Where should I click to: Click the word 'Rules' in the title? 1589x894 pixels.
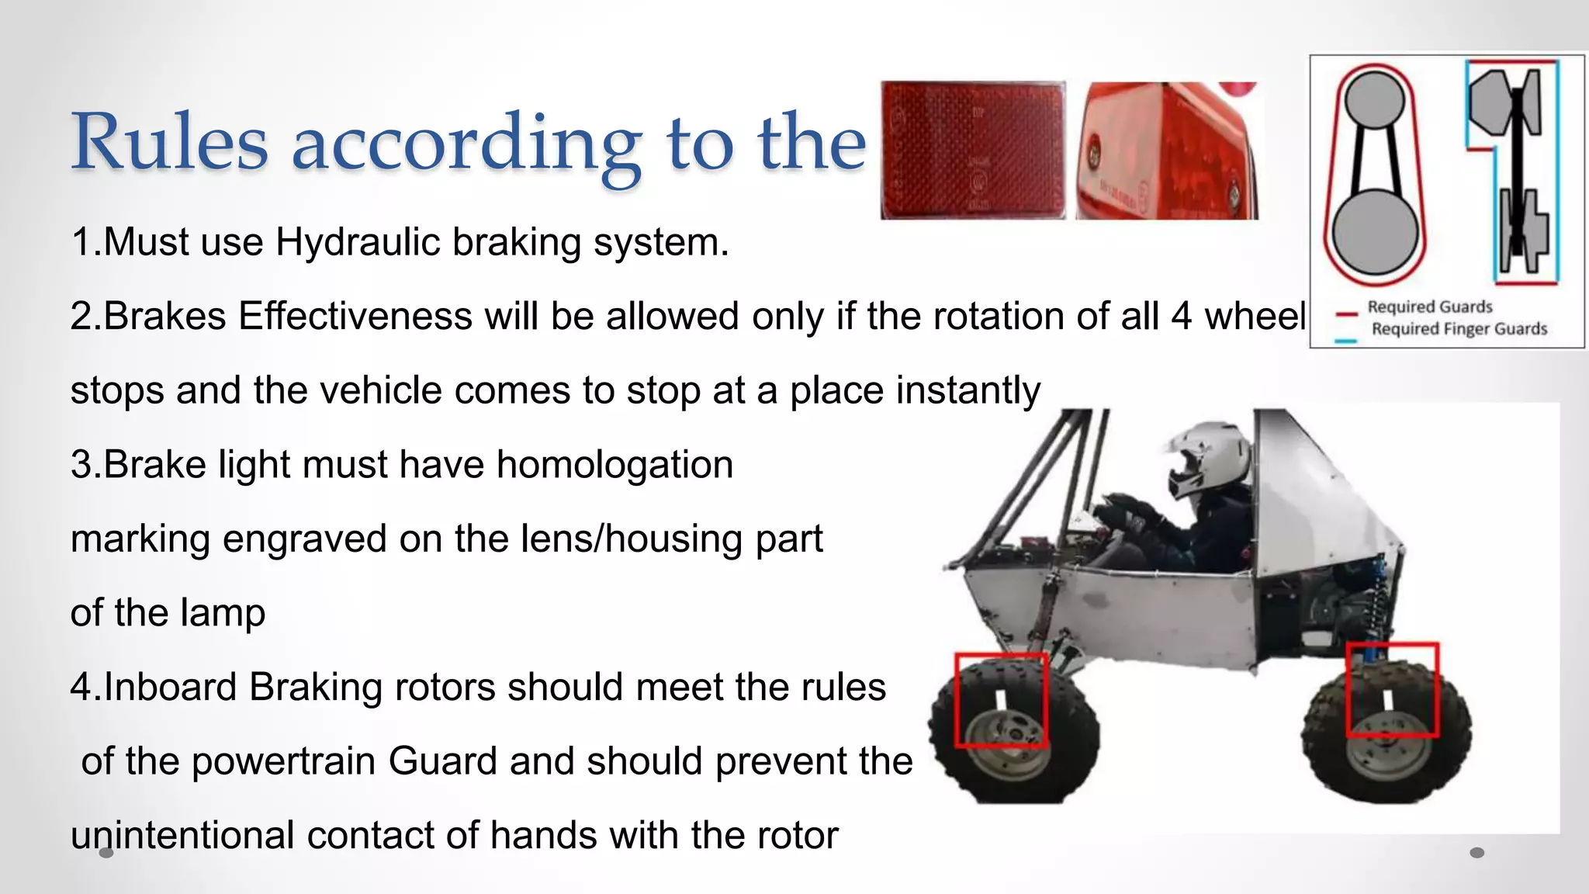click(x=169, y=142)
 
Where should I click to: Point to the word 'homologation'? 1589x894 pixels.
click(x=614, y=465)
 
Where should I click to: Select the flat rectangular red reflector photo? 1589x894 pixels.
click(x=973, y=151)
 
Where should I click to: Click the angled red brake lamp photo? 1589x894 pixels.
click(x=1166, y=151)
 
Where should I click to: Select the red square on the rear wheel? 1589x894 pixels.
click(x=1392, y=689)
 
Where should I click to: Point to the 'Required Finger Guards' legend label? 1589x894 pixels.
click(x=1459, y=329)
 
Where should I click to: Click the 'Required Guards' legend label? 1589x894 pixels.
click(x=1430, y=307)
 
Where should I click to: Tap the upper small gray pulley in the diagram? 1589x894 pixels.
click(x=1374, y=101)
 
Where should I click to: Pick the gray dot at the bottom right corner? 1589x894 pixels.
click(x=1477, y=853)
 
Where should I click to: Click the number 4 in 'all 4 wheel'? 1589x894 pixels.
click(x=1182, y=317)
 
